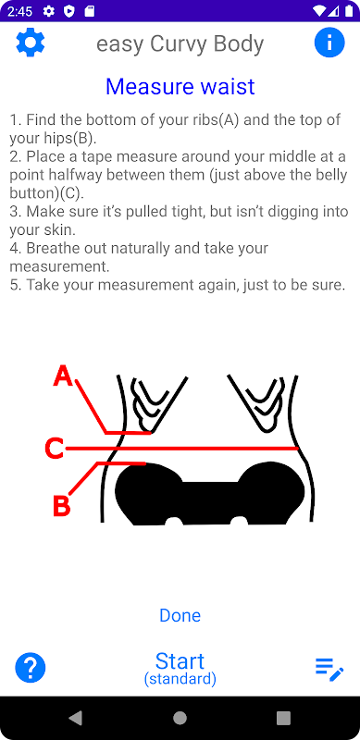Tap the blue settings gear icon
31,43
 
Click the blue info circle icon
329,43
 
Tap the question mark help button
31,668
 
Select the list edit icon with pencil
329,669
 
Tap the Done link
180,615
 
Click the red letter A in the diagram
63,376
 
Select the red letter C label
54,449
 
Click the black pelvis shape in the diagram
210,494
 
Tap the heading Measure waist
180,86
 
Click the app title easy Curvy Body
180,43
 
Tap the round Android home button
180,718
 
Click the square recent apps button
283,718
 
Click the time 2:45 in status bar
19,11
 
